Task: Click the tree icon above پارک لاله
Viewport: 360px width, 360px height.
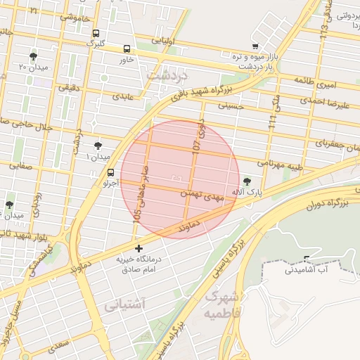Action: pos(245,181)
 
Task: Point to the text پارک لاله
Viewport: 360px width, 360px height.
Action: pos(246,193)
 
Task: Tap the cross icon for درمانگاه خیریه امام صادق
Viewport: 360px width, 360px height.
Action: pos(139,248)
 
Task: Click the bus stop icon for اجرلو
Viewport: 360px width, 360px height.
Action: pos(110,172)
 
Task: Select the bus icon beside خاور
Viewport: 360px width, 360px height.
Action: pos(127,49)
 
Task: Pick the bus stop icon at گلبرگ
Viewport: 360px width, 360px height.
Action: pos(96,32)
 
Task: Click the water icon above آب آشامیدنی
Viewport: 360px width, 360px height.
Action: pos(306,258)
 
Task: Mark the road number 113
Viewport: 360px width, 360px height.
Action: pos(323,30)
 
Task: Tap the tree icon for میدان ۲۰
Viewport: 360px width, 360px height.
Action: pos(33,56)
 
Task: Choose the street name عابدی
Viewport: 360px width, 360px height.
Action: pos(120,95)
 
